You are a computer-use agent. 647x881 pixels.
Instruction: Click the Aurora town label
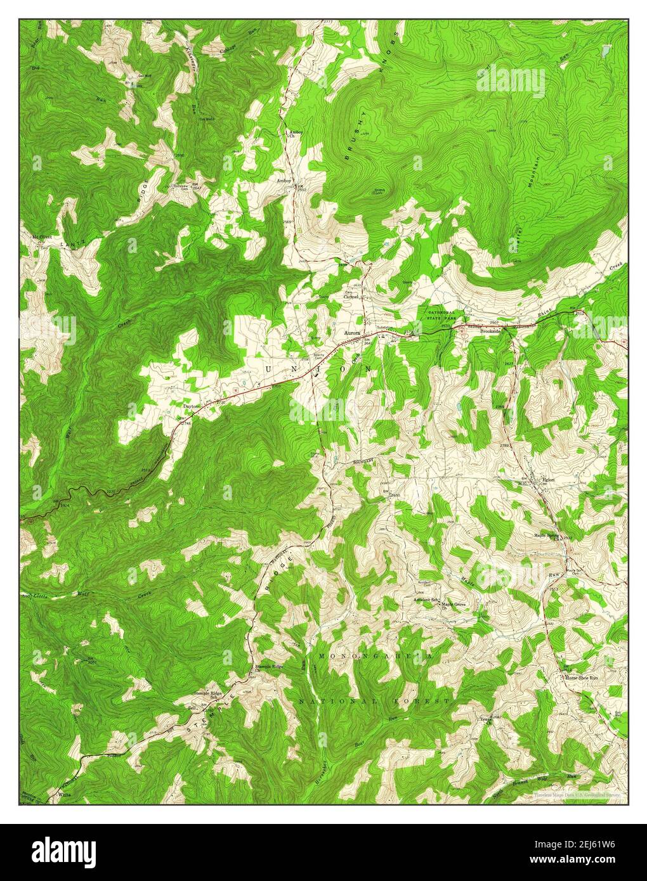tap(352, 332)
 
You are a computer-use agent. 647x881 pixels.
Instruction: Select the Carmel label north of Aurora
tap(351, 296)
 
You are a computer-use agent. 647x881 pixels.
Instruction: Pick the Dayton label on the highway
tap(191, 406)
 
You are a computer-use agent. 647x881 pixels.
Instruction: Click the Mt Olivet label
tap(42, 236)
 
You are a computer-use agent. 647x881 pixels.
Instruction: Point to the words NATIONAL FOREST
tap(374, 701)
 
